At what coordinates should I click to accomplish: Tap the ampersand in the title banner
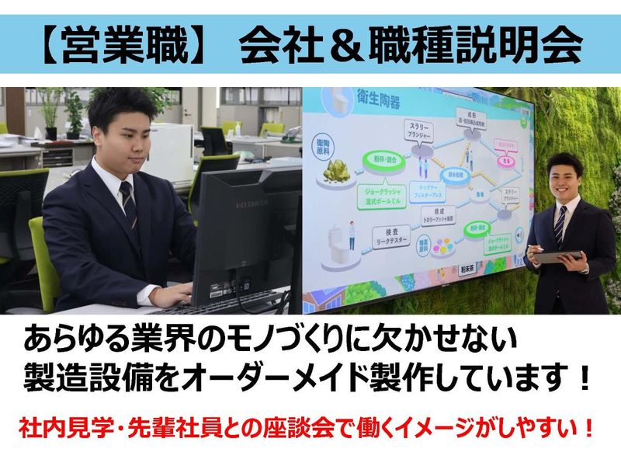[348, 46]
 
